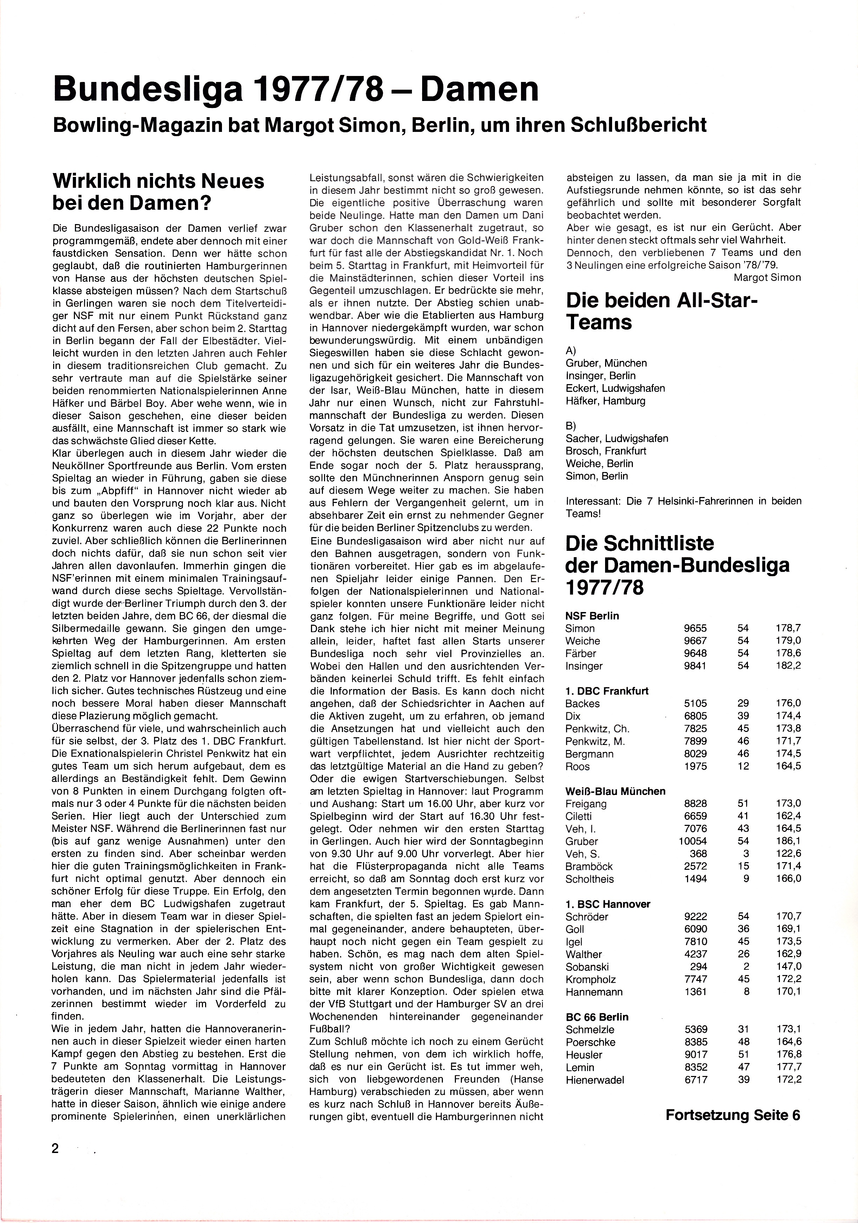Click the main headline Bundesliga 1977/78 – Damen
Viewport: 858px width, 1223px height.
295,89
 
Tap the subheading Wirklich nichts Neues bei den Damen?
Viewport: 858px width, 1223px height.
158,192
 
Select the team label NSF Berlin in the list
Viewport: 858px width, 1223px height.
592,616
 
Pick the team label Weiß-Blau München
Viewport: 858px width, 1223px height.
615,791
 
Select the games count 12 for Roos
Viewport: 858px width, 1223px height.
743,766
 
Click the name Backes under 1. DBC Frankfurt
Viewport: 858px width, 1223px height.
583,703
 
